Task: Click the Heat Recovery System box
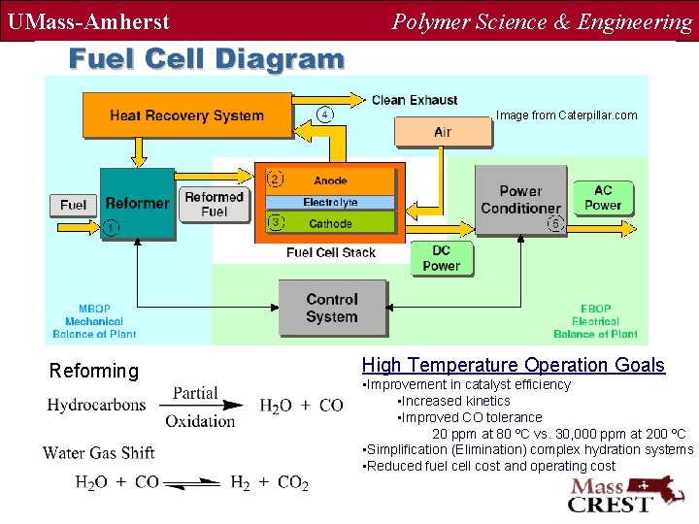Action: click(x=187, y=115)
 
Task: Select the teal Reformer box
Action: click(x=137, y=204)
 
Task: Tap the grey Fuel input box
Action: click(x=73, y=205)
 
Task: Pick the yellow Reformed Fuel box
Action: click(x=214, y=204)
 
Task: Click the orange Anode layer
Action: click(x=330, y=180)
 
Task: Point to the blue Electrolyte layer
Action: click(x=330, y=202)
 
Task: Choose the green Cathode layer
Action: click(x=330, y=223)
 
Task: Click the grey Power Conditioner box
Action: click(x=520, y=200)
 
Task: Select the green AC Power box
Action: click(x=603, y=197)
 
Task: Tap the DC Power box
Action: click(x=441, y=258)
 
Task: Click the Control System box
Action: click(x=332, y=308)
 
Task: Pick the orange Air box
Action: click(x=443, y=132)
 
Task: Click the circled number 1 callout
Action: click(x=112, y=229)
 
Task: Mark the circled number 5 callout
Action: click(x=554, y=223)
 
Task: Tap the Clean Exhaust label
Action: click(x=415, y=100)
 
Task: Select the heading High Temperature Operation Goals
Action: click(x=513, y=366)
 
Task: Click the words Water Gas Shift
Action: click(x=98, y=453)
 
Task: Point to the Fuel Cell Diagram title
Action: click(x=206, y=59)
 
